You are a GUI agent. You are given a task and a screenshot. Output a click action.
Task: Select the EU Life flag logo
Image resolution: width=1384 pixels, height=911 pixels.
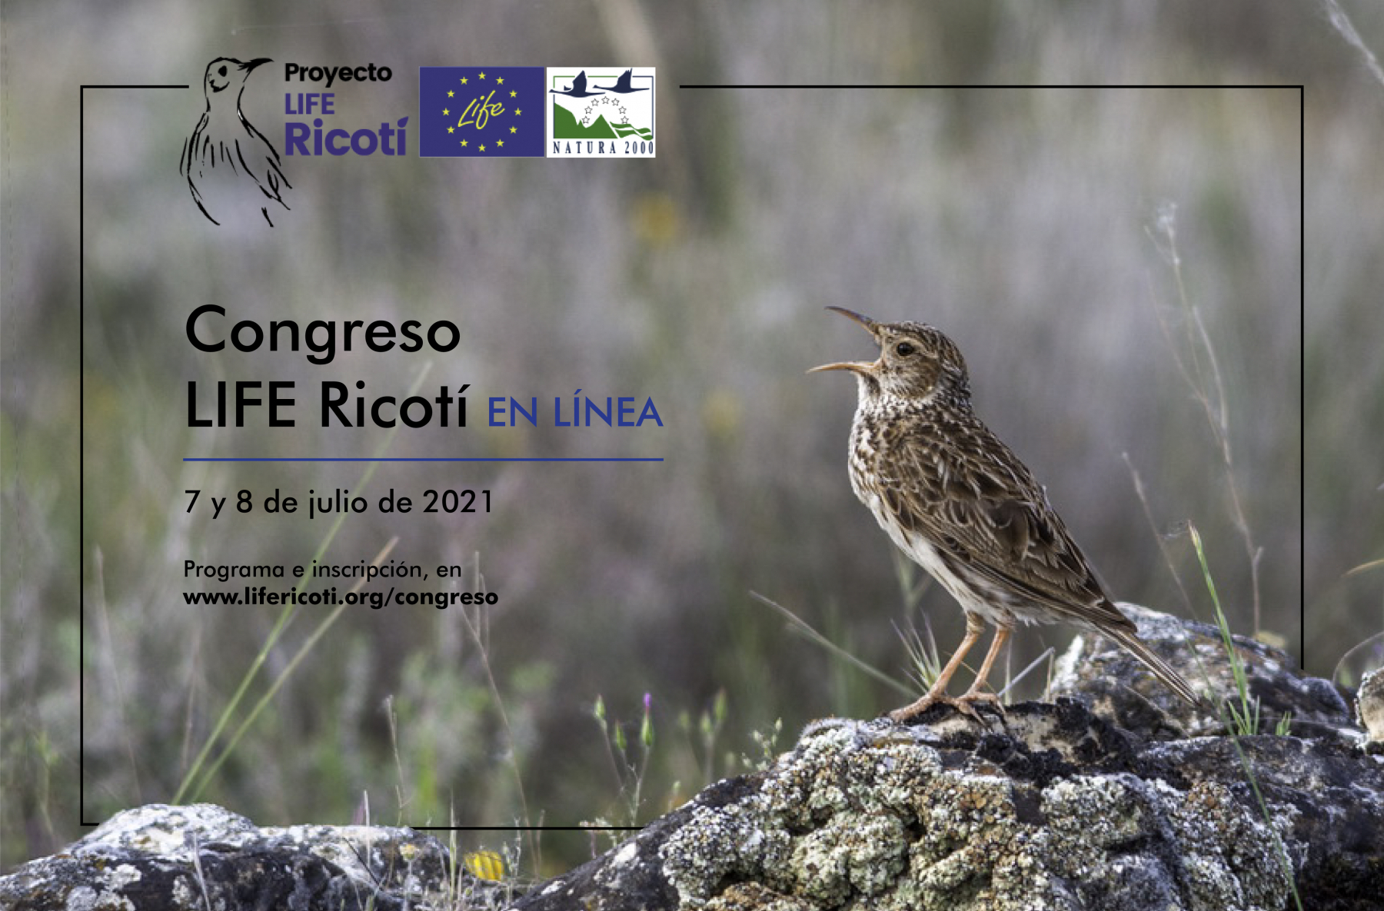(481, 111)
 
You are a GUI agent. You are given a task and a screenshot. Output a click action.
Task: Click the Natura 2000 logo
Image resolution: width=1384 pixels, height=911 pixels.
(601, 111)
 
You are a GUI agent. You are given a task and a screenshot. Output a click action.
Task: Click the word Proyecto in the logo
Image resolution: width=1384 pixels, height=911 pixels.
(338, 74)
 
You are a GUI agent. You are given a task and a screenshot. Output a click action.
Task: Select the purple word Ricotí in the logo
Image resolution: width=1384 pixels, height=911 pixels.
(345, 138)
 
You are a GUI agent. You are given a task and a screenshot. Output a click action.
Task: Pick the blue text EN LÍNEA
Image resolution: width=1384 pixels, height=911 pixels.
(575, 413)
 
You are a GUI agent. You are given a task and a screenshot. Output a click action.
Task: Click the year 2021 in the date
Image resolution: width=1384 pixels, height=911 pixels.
(457, 502)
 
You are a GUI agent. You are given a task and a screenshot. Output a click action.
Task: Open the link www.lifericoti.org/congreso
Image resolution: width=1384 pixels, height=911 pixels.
(341, 597)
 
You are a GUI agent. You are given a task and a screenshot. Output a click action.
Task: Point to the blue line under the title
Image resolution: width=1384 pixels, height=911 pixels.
(423, 459)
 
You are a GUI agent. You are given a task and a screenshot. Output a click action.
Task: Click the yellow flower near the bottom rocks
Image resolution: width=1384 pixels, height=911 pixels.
(485, 866)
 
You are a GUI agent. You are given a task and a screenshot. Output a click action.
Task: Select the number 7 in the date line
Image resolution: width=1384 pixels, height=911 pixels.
(192, 502)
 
